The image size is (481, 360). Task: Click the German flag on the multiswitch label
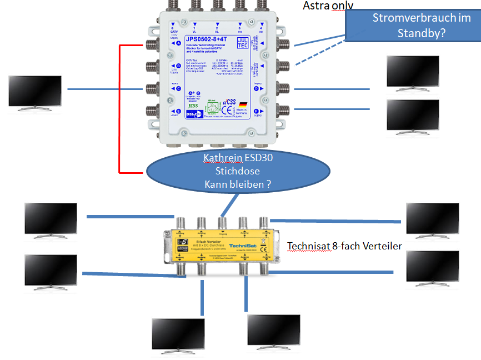click(x=243, y=104)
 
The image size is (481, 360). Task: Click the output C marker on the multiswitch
click(x=177, y=88)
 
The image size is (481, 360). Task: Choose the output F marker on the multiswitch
click(x=257, y=111)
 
